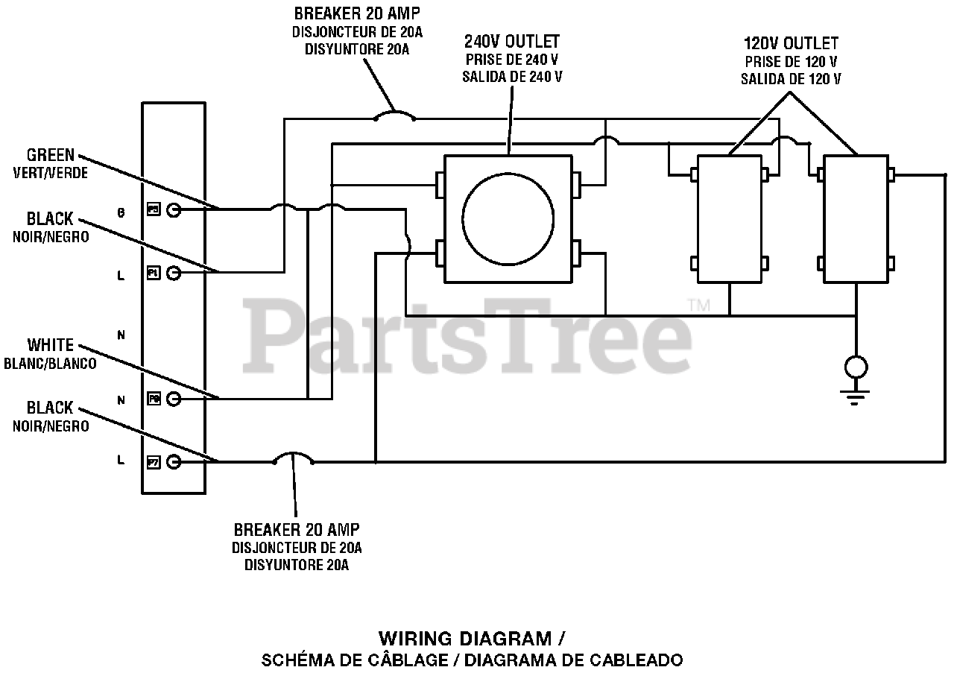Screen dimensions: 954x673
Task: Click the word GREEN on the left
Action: pos(51,155)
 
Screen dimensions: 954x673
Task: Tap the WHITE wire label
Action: pos(51,345)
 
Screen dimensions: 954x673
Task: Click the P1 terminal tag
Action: pos(153,274)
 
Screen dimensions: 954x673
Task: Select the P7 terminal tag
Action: pos(153,462)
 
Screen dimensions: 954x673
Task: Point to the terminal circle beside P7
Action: pos(174,462)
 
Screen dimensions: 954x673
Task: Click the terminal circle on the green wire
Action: pos(174,210)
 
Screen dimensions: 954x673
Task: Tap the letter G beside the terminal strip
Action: pos(121,212)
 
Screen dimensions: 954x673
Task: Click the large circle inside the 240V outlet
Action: pos(508,218)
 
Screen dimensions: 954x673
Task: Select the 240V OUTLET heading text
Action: pos(512,41)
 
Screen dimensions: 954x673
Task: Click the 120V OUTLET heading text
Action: pos(791,43)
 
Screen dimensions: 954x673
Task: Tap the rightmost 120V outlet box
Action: pos(856,218)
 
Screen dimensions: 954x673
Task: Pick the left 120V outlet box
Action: pos(730,218)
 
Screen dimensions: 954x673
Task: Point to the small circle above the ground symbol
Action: pos(856,367)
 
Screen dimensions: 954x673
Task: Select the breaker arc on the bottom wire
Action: pos(294,456)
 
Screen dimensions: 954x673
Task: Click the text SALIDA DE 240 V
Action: pos(512,77)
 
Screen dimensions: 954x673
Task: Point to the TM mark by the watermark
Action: pos(698,305)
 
